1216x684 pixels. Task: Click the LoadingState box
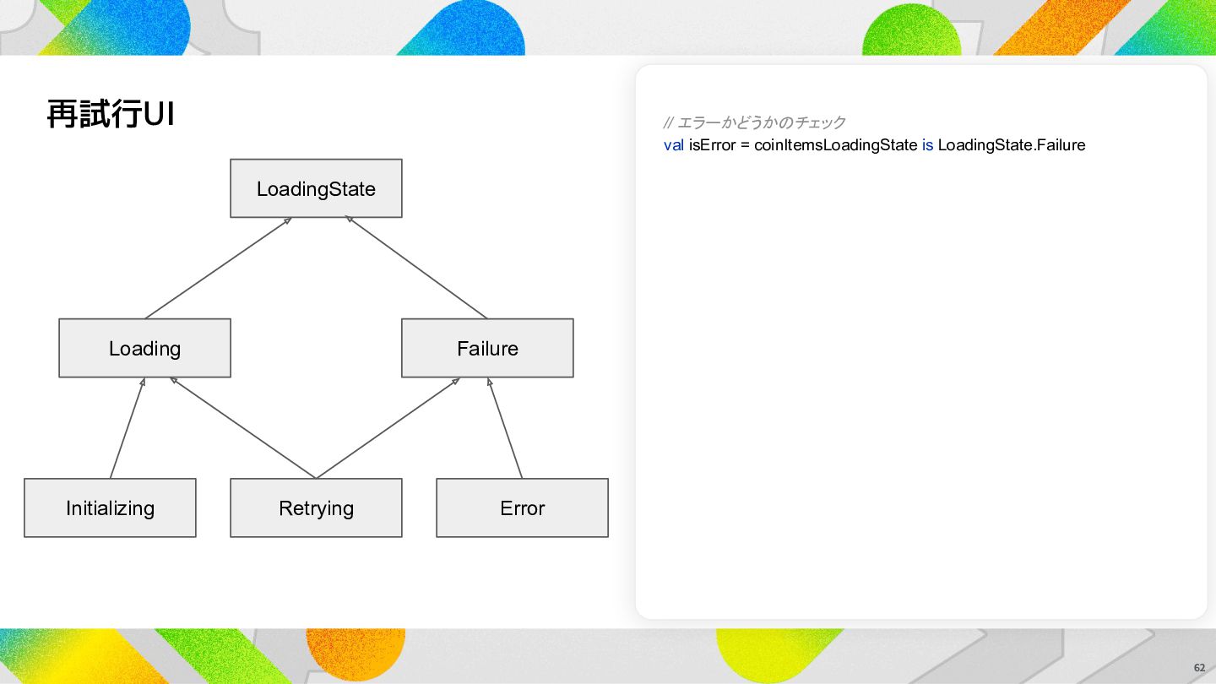[x=316, y=188]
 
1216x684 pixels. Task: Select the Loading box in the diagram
[x=145, y=348]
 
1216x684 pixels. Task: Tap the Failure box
[x=487, y=348]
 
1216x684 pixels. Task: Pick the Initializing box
[x=110, y=508]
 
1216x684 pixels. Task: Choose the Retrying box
[x=316, y=508]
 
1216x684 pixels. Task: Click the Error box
[x=522, y=508]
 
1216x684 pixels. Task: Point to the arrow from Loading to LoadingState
[x=218, y=269]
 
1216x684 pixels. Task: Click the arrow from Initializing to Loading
[x=128, y=428]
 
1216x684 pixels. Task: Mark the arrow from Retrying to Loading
[x=242, y=428]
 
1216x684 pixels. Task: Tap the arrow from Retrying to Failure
[x=388, y=428]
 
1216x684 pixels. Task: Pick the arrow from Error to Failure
[x=505, y=428]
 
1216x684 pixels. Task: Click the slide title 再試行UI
[x=111, y=114]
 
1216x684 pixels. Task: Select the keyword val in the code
[x=674, y=145]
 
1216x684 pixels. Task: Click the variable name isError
[x=712, y=145]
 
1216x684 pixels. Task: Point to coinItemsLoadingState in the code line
[x=835, y=145]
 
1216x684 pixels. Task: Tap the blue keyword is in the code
[x=928, y=145]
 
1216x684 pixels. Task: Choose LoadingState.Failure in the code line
[x=1012, y=145]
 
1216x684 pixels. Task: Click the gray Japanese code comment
[x=754, y=122]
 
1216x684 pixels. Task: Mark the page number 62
[x=1199, y=668]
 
